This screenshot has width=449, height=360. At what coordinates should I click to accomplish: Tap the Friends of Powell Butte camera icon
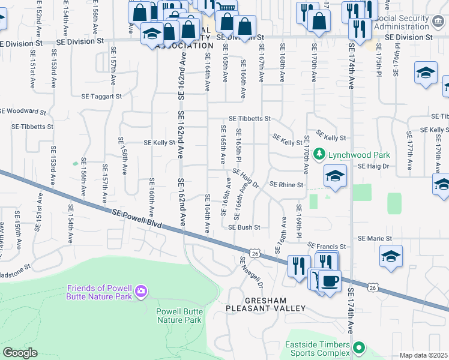click(x=140, y=292)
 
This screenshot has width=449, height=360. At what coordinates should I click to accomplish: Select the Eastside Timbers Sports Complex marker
click(x=359, y=347)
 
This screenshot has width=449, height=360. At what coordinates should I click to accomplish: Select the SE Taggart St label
click(x=102, y=96)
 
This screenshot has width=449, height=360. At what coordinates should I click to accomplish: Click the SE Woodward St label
click(x=23, y=111)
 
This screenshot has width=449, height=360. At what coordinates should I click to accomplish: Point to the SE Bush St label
click(x=244, y=227)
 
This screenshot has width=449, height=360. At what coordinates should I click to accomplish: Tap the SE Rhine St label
click(x=286, y=185)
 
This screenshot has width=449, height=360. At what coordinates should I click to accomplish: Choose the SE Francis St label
click(x=327, y=246)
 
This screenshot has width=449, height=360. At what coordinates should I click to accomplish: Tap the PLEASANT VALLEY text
click(x=266, y=308)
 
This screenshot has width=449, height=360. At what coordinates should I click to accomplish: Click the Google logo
click(x=20, y=353)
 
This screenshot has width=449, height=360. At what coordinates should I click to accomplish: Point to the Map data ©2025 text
click(x=424, y=355)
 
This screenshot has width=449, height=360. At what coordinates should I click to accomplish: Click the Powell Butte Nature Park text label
click(x=179, y=316)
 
